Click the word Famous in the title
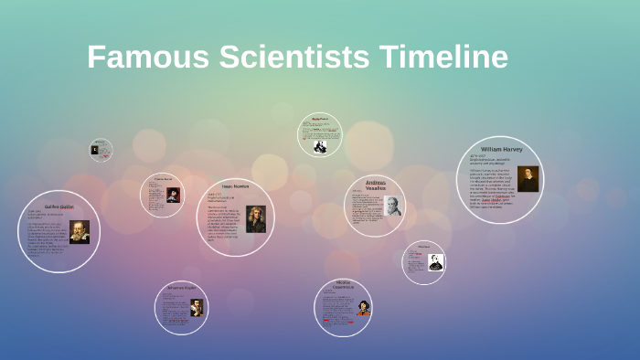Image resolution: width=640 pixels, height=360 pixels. click(148, 58)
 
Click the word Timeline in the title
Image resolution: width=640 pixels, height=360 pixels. click(442, 58)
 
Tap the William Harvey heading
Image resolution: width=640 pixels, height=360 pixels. click(501, 148)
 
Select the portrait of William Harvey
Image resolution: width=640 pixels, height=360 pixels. click(528, 178)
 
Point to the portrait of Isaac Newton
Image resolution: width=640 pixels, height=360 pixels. click(256, 219)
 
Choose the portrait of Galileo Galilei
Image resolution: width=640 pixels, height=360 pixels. click(80, 231)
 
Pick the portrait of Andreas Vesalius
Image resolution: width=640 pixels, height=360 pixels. click(392, 206)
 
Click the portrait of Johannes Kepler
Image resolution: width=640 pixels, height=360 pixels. click(196, 307)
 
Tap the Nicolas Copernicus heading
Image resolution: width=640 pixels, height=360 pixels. click(343, 285)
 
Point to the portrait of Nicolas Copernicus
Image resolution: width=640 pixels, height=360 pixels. click(364, 308)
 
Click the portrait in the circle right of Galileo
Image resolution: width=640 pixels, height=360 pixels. click(173, 195)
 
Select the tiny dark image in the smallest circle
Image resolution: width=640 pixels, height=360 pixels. click(94, 149)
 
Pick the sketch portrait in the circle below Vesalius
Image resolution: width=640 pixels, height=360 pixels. click(435, 262)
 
